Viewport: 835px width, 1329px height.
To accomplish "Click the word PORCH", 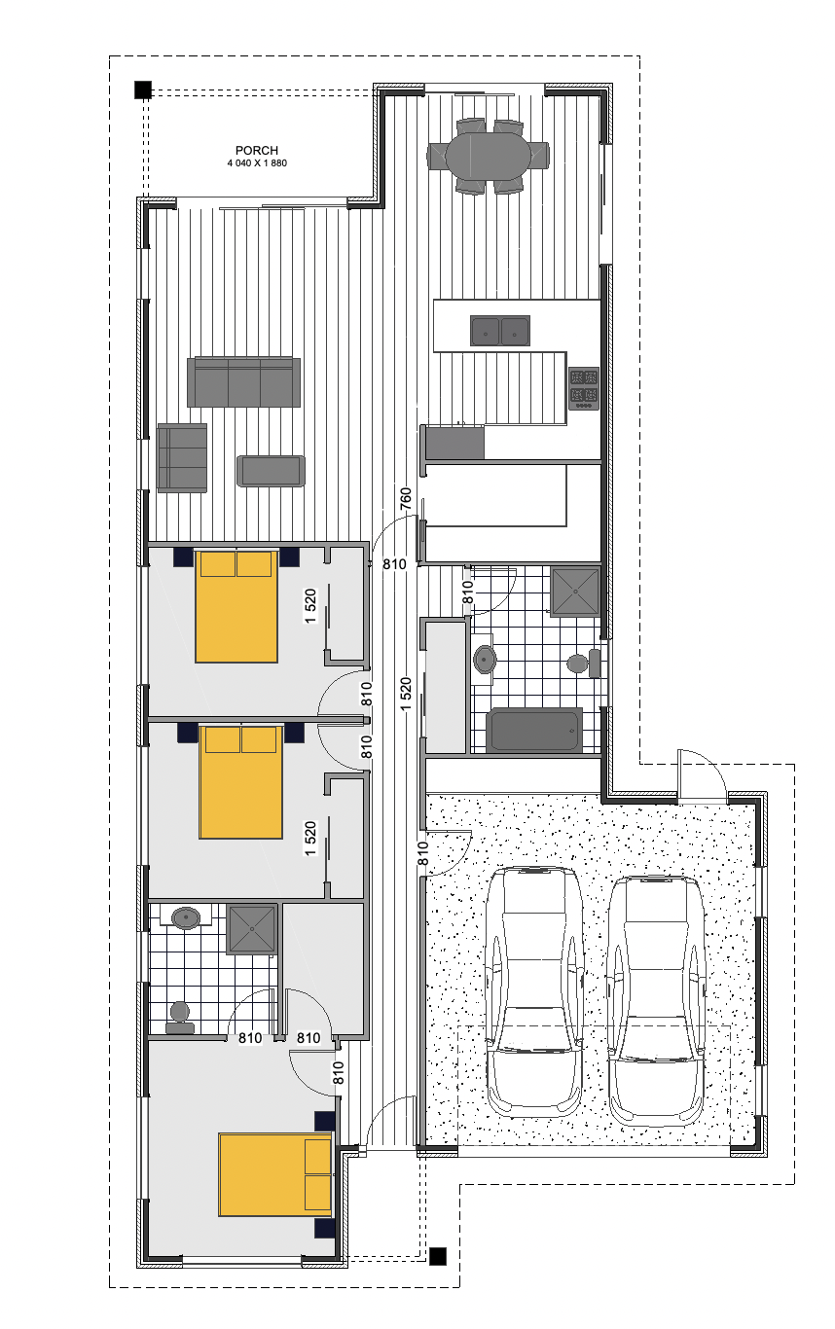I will point(257,151).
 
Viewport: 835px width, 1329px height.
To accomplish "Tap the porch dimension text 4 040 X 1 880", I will point(257,163).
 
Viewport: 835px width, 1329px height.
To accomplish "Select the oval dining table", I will point(488,155).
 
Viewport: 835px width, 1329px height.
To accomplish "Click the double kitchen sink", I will point(500,331).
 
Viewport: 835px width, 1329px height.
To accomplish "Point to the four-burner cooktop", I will point(584,387).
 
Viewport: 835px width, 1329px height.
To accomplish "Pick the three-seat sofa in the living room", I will point(243,381).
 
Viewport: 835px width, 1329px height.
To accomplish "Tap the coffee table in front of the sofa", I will point(271,471).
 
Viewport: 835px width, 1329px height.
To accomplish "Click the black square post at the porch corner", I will point(142,90).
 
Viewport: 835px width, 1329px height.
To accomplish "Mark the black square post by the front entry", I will point(438,1257).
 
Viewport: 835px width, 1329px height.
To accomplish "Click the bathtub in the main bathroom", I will point(534,730).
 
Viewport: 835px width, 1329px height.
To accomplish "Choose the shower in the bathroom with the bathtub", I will point(575,591).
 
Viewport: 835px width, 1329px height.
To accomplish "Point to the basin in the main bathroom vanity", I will point(484,659).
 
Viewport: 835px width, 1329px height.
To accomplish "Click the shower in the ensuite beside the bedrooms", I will point(252,929).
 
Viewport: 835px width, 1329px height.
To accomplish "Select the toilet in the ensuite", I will point(180,1018).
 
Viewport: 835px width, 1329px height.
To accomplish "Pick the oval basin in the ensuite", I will point(185,916).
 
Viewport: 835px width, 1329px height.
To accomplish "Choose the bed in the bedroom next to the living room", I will point(236,605).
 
